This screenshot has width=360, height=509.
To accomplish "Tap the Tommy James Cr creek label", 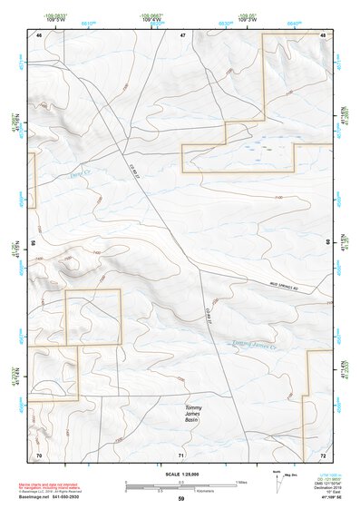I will pos(253,344).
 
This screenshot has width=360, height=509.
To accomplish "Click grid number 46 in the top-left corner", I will pos(39,34).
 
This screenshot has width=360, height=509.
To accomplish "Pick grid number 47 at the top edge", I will pos(182,34).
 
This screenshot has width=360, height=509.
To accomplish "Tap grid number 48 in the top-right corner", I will pos(323,34).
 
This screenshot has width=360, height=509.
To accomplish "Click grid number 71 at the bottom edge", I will pos(182,455).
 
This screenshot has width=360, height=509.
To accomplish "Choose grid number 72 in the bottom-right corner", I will pos(323,455).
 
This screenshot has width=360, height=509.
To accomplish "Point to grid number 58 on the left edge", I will pos(33,244).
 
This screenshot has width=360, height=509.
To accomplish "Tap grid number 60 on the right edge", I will pos(328,244).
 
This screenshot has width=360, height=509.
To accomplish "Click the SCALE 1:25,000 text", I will pos(181,474).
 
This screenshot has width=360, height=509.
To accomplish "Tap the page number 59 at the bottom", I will pos(181,499).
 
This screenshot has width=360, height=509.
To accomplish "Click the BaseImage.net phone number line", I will pos(57,498).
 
